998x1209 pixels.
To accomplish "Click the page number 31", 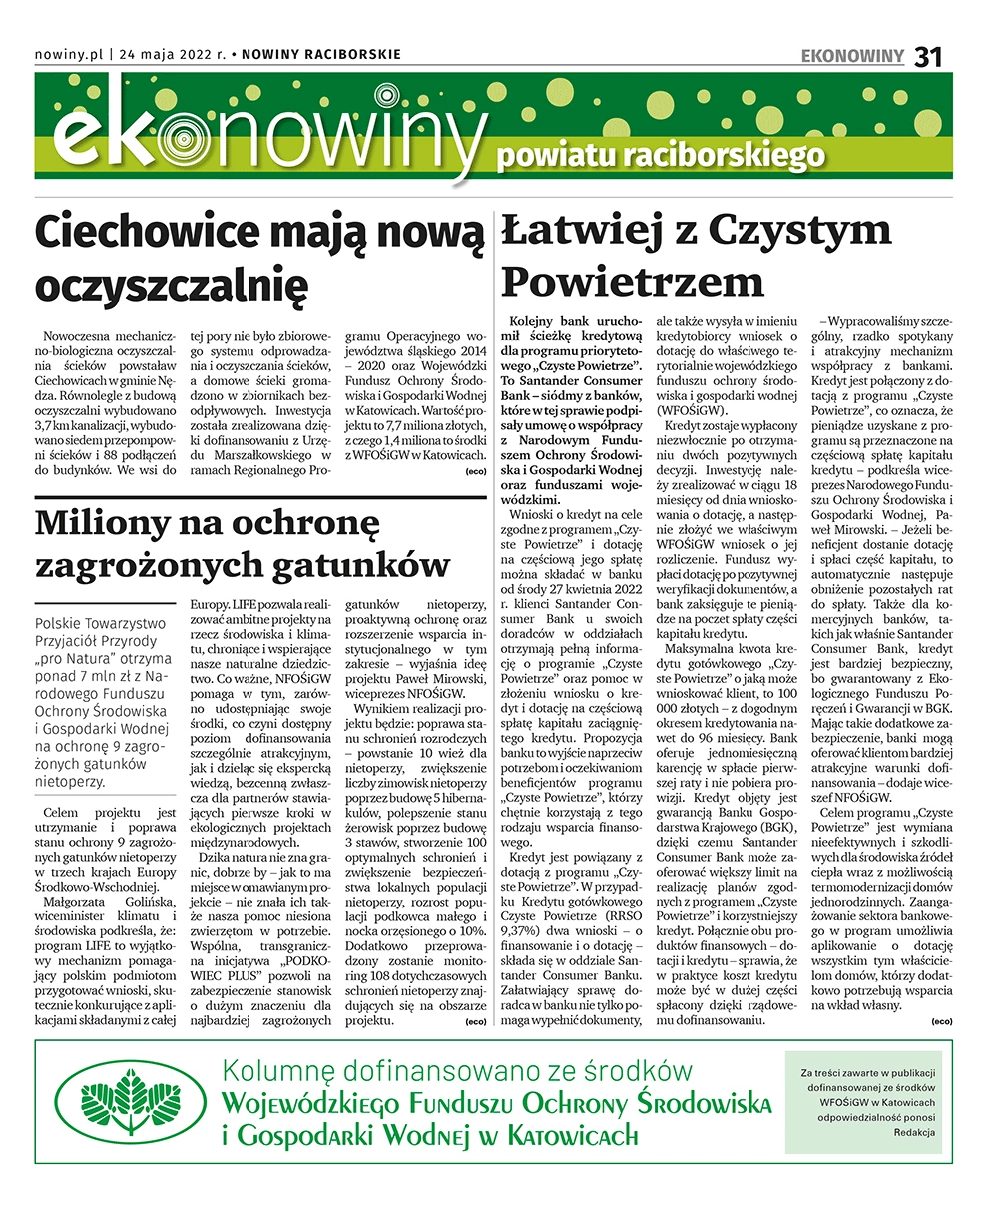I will (928, 56).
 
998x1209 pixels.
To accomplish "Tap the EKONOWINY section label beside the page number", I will (852, 56).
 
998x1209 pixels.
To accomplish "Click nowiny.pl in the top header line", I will (68, 55).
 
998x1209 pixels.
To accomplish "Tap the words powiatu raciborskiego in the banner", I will (661, 156).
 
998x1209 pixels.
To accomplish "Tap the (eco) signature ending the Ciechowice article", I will (476, 470).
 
